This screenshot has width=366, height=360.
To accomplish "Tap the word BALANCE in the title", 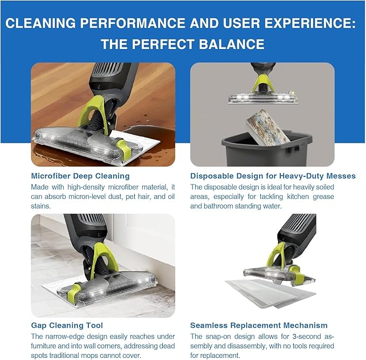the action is click(x=232, y=44).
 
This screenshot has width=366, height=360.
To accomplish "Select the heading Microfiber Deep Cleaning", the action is click(x=80, y=176).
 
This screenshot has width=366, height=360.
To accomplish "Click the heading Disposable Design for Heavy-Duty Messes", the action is click(x=273, y=176).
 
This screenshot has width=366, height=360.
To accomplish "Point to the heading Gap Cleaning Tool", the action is click(x=67, y=325).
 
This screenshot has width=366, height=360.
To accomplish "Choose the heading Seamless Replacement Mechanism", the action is click(x=259, y=325).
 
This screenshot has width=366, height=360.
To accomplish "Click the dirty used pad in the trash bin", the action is click(x=268, y=127).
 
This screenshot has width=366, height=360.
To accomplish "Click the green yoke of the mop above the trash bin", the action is click(x=263, y=84).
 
